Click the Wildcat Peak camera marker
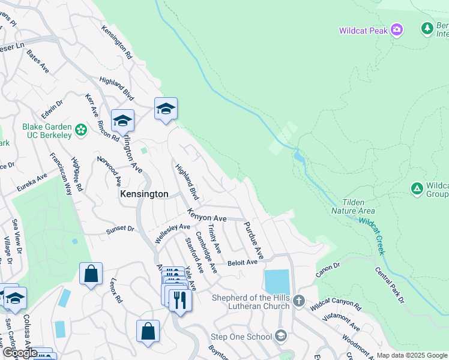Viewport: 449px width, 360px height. click(396, 29)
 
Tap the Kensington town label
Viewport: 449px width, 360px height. click(144, 194)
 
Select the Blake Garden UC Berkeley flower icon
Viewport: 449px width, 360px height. click(81, 129)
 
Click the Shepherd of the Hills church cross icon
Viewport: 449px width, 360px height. click(299, 302)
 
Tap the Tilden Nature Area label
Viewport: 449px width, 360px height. click(353, 206)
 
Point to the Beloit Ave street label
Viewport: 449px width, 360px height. click(242, 262)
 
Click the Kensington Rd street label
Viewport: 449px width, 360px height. click(116, 41)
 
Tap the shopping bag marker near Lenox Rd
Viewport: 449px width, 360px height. click(91, 274)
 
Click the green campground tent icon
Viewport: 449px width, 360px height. click(417, 188)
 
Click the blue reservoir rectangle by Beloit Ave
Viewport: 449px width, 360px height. click(276, 282)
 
